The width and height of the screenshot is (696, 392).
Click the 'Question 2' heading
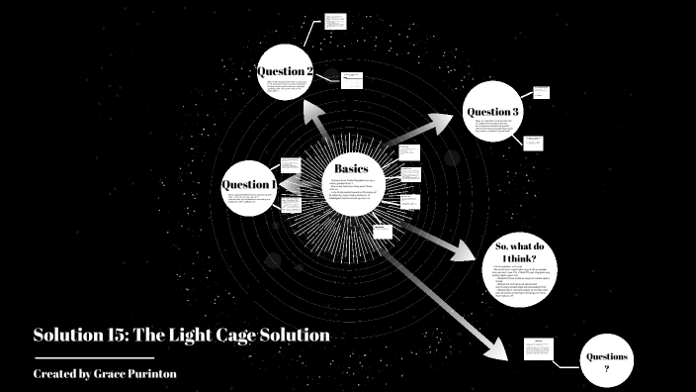(x=286, y=71)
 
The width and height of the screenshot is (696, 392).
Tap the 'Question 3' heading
(x=493, y=112)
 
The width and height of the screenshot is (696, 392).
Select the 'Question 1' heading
(x=248, y=184)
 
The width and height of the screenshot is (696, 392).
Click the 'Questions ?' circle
(x=607, y=361)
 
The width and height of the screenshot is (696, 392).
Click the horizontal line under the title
(x=94, y=356)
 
